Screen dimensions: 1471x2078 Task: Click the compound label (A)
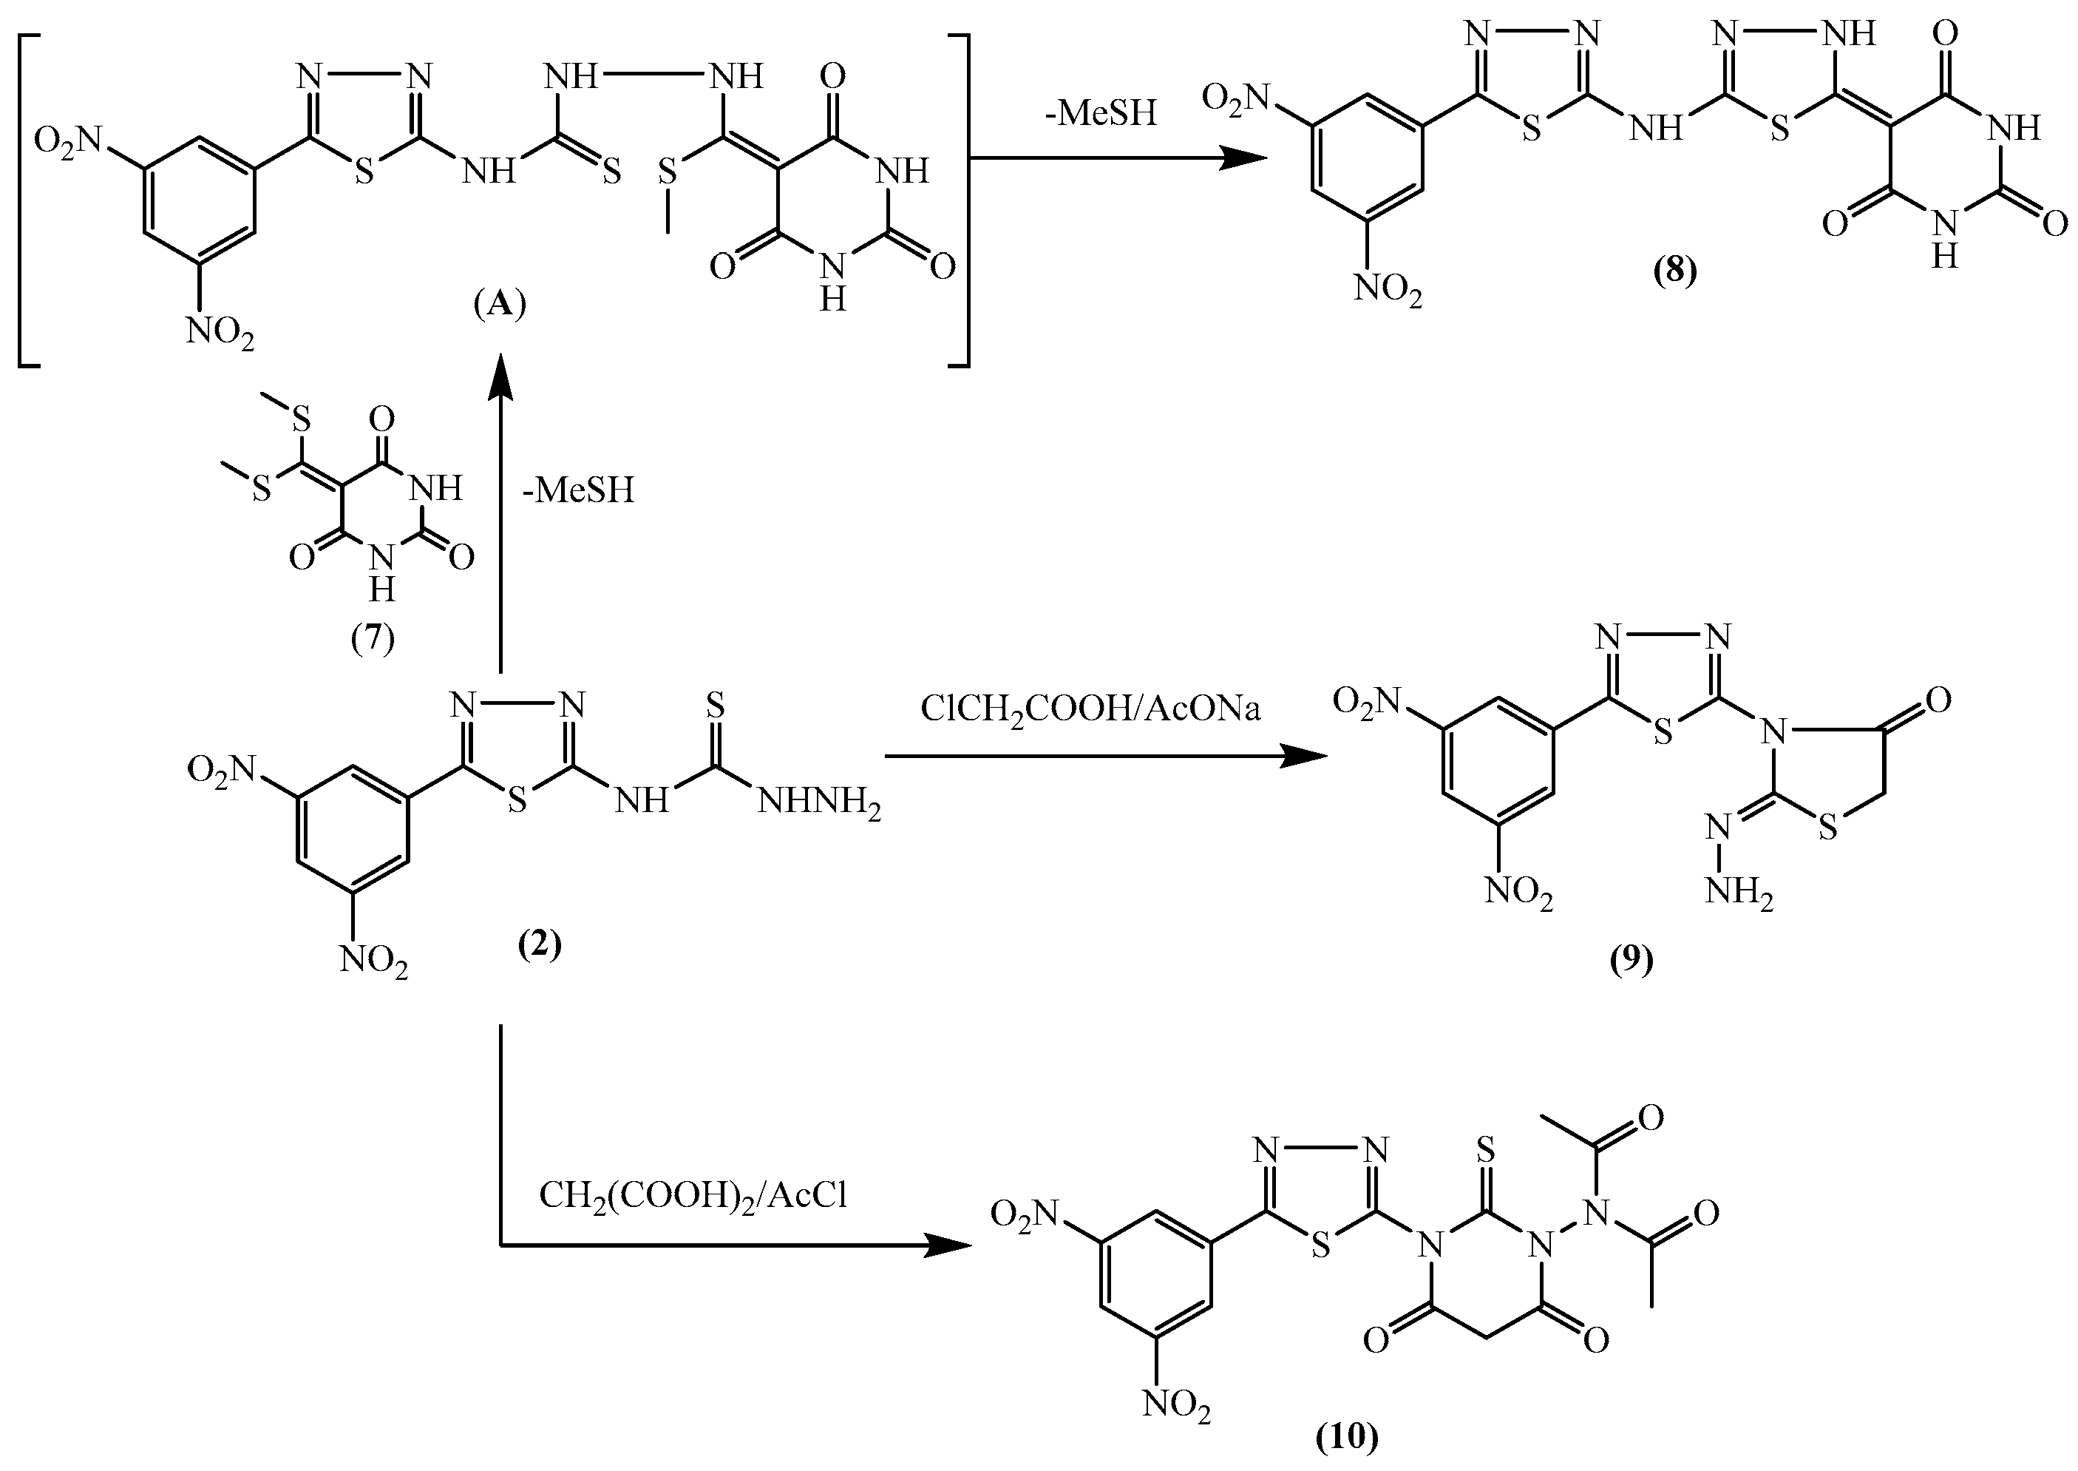point(500,305)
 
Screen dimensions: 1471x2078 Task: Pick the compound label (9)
point(1631,958)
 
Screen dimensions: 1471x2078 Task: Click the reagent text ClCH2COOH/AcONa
point(1090,709)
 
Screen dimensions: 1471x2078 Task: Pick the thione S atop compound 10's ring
point(1484,1152)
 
